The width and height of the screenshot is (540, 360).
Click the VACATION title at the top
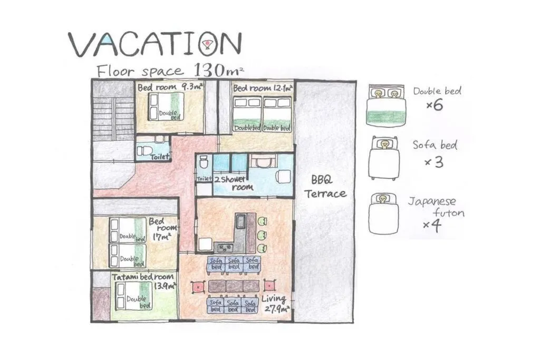tap(155, 44)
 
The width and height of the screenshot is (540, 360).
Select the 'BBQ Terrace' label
tap(325, 186)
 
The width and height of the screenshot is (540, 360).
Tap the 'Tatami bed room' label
tap(142, 276)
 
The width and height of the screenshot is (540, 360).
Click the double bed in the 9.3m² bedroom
tap(166, 106)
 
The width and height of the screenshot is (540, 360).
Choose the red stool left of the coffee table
tap(198, 287)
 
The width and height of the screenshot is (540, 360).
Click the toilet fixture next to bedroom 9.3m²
tap(144, 151)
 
